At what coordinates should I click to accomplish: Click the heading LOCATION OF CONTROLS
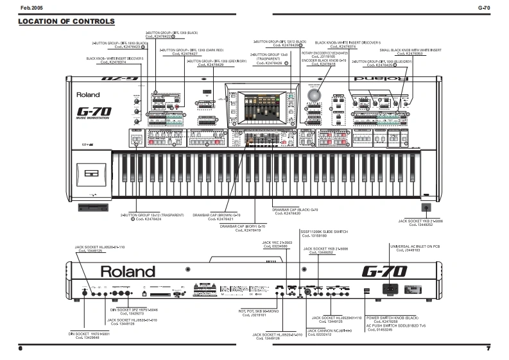click(67, 22)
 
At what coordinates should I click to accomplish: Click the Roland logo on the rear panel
click(127, 271)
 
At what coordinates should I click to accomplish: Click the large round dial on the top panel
click(315, 96)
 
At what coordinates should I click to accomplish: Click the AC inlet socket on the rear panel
click(392, 290)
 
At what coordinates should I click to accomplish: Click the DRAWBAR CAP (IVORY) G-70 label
click(243, 226)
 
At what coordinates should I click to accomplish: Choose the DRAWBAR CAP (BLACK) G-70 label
click(295, 210)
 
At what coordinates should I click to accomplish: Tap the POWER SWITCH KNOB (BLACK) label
click(393, 318)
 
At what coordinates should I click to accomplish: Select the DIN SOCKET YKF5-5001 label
click(89, 334)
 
